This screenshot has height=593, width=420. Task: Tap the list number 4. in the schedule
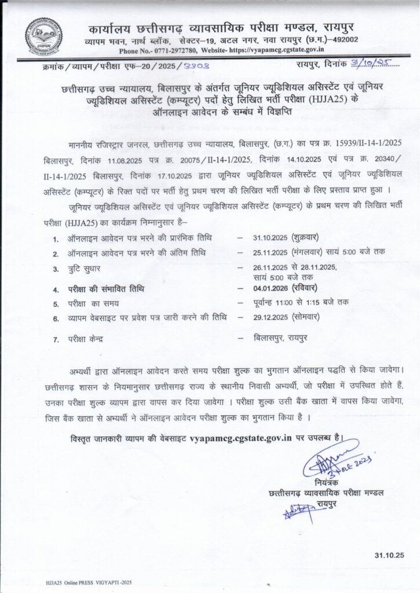(x=56, y=289)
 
